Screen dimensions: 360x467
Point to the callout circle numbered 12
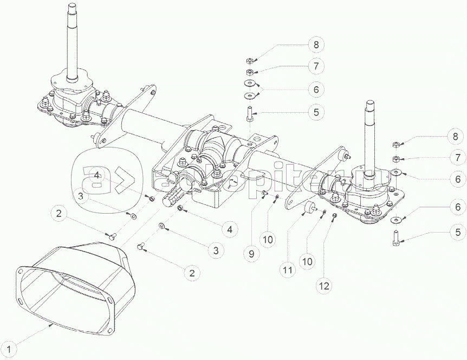point(323,284)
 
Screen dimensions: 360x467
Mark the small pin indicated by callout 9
point(263,192)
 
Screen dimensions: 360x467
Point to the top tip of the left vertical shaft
point(72,5)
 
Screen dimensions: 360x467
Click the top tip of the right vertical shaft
point(370,102)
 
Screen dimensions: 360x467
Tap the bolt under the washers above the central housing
point(250,115)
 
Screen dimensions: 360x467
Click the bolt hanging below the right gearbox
point(394,237)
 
